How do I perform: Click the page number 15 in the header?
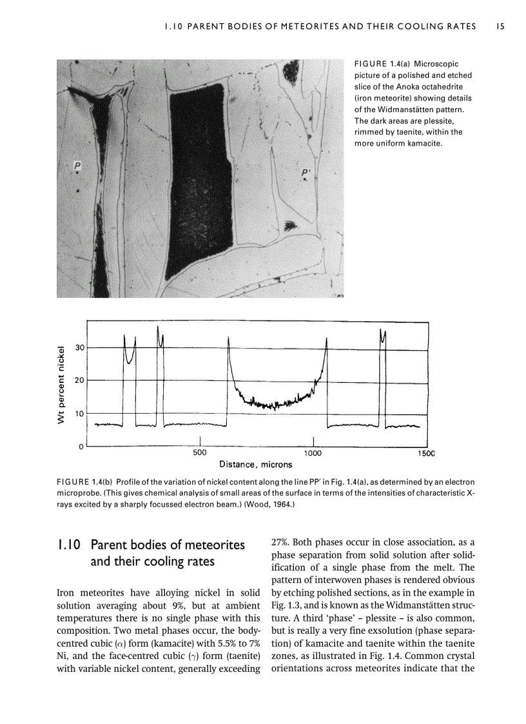(x=500, y=26)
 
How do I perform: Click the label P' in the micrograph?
(x=306, y=173)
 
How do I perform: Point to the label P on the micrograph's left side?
(x=77, y=166)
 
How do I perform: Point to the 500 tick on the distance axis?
(x=200, y=453)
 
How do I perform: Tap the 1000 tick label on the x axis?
(x=313, y=453)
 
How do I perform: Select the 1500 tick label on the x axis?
(x=425, y=453)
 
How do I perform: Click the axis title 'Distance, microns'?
(x=255, y=464)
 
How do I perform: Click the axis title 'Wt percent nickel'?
(x=62, y=385)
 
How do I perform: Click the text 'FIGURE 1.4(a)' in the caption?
(x=382, y=64)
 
